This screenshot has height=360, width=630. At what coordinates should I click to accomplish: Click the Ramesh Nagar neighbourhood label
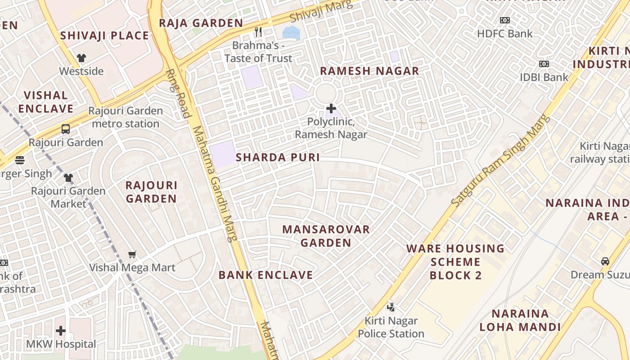[369, 71]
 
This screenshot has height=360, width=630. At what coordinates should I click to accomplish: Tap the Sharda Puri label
[278, 157]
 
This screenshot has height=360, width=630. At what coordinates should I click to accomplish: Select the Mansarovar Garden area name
[326, 236]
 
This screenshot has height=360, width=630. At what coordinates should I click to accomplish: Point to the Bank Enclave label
[265, 275]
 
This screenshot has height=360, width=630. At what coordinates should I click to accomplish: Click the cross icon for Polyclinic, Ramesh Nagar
[331, 108]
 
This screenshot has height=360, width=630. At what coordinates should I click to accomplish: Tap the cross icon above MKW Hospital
[61, 331]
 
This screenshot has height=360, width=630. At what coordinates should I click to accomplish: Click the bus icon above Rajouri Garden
[66, 129]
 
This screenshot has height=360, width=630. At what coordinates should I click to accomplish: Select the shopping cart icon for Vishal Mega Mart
[132, 255]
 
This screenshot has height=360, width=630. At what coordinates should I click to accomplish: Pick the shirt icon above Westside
[81, 58]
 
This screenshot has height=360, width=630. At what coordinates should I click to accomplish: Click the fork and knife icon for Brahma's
[258, 31]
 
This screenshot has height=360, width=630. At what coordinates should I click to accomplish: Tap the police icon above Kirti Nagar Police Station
[391, 307]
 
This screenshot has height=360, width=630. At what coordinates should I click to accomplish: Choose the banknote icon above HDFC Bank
[504, 20]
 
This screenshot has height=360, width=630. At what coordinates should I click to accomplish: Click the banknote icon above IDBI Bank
[544, 64]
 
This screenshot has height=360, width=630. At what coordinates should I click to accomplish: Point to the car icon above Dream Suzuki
[605, 261]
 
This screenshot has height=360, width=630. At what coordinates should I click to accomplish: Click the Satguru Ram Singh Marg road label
[500, 161]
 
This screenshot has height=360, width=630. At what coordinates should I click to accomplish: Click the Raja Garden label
[201, 23]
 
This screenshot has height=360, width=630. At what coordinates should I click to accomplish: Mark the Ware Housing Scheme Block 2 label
[455, 261]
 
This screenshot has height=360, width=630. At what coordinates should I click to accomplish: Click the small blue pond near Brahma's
[291, 32]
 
